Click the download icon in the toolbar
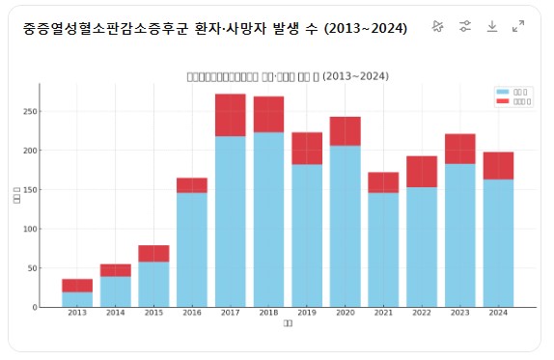pos(491,26)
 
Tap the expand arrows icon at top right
pos(518,26)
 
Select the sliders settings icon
pos(464,26)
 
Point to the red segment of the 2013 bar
pos(77,285)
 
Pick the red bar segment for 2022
pos(422,171)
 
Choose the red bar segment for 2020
pos(345,131)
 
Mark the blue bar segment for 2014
pos(116,291)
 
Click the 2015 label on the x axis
pos(153,314)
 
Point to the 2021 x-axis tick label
pos(383,314)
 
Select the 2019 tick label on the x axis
pos(307,314)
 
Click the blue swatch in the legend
pos(502,91)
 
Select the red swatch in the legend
pos(502,99)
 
